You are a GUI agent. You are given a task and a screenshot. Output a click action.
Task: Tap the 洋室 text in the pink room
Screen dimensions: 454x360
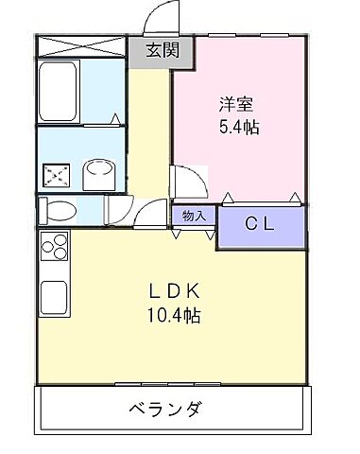point(236,103)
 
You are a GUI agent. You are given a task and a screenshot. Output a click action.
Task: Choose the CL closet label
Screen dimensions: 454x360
point(263,224)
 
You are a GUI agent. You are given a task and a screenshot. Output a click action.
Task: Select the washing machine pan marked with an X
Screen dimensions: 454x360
point(56,174)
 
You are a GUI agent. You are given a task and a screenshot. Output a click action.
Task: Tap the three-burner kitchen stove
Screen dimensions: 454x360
point(54,247)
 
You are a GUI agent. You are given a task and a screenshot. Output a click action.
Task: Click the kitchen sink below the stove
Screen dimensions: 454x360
point(54,297)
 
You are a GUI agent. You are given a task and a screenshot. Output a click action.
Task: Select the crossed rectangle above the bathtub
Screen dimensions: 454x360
point(81,46)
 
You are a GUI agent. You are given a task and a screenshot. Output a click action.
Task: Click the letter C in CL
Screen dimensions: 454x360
point(252,224)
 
